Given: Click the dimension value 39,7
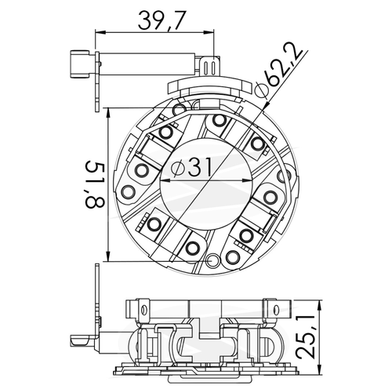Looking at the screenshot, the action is click(162, 20).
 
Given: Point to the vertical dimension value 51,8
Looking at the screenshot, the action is click(95, 184).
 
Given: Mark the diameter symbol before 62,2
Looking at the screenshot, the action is click(261, 89).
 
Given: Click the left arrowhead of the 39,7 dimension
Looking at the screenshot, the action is click(100, 32).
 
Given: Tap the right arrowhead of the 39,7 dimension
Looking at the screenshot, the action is click(209, 32).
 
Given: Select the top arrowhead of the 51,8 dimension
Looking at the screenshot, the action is click(108, 113).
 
